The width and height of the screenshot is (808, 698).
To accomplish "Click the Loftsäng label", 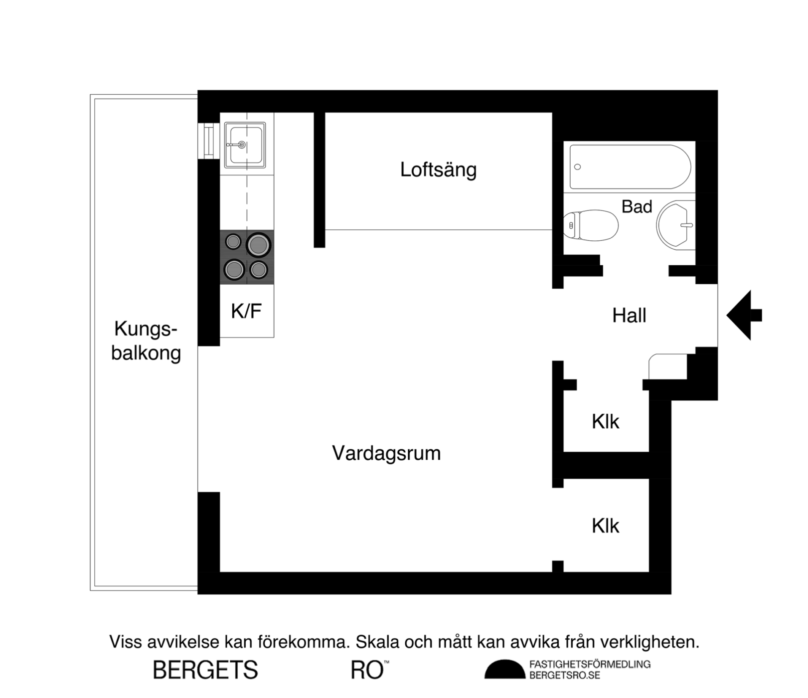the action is tap(438, 170).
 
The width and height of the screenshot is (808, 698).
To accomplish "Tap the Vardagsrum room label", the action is tap(386, 454).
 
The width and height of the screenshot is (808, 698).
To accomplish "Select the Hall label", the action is tap(629, 316).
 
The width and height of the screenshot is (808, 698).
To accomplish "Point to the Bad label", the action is tap(637, 206).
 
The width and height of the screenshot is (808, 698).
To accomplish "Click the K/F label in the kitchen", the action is tap(246, 311).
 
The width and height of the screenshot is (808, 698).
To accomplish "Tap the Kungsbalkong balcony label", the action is tap(146, 341).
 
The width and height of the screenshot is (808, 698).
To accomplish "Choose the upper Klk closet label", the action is tap(605, 422).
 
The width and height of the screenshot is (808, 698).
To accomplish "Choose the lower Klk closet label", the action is tap(605, 526).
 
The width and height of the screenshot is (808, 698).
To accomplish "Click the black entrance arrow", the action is tap(744, 316).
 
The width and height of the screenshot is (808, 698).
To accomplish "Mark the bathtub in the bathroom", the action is tap(630, 167).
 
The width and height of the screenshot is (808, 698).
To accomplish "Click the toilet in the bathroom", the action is tap(591, 225).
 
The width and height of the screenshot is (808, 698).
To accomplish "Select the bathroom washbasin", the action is tap(675, 225).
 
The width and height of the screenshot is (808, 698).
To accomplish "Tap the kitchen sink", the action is tap(245, 145).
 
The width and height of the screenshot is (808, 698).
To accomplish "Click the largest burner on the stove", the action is tap(258, 245).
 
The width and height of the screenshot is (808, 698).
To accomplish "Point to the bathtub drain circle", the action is tap(578, 167).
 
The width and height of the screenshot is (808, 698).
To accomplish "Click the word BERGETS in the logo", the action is tap(205, 670).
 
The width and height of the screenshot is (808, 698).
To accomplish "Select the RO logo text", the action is tap(367, 670).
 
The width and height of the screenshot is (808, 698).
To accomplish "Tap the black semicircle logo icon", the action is tap(504, 669).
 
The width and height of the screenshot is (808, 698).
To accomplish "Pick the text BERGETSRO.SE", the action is tap(565, 676).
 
